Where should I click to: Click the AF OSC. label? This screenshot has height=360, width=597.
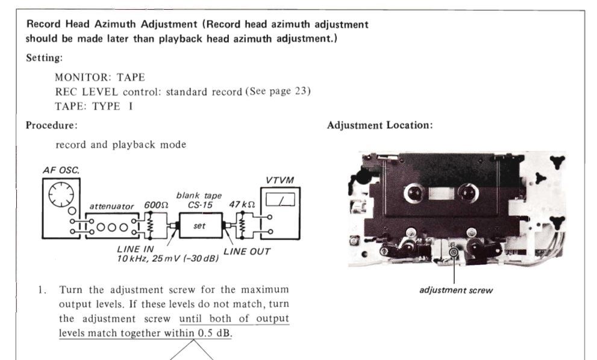pos(61,170)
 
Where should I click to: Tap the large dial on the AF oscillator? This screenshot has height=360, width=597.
pos(61,194)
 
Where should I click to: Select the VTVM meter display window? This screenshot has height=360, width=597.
pos(280,199)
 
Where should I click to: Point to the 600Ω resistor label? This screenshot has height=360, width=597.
pos(155,205)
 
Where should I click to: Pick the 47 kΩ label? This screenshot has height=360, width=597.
pos(242,205)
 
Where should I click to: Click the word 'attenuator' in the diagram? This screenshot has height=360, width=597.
pos(111,206)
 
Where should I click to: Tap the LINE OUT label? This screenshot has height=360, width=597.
pos(247,252)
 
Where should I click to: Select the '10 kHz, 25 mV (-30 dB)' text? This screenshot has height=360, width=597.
pos(168,259)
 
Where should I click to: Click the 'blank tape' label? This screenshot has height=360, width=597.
pos(199,196)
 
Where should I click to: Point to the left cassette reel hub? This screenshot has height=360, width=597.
pos(414,193)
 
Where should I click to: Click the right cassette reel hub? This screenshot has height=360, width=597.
pos(468,193)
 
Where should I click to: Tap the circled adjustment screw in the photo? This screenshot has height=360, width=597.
pos(454,252)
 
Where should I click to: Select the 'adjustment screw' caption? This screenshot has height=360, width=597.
pos(456,290)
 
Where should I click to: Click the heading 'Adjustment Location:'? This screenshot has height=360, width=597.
pos(380,125)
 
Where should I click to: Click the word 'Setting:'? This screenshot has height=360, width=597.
pos(44,58)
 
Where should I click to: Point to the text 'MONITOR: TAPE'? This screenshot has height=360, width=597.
pos(100,77)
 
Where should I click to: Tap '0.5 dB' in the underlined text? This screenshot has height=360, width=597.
pos(214,333)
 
